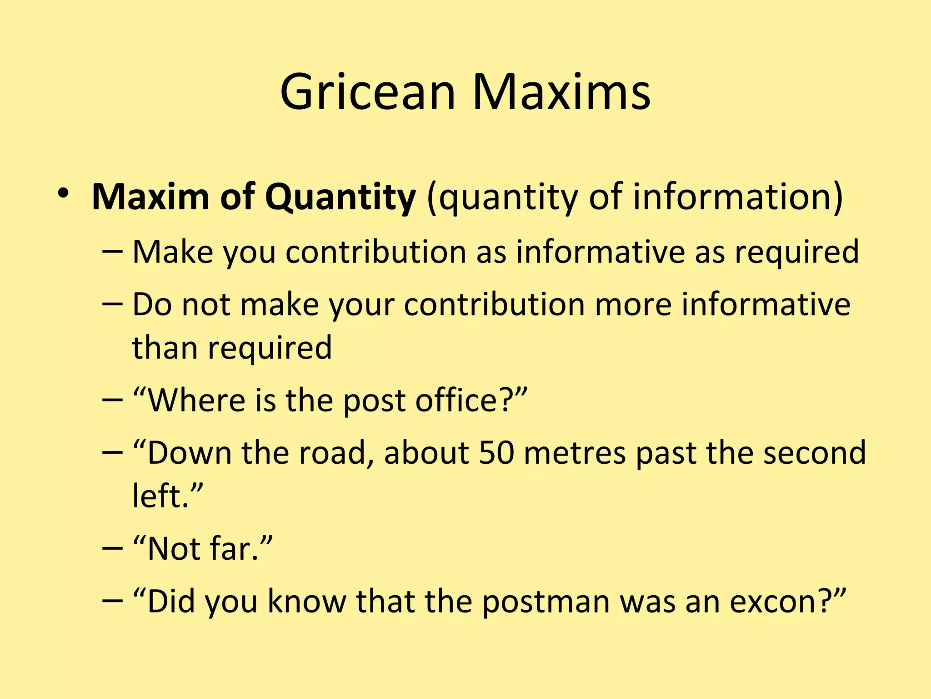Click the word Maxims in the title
tap(561, 92)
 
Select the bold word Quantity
tap(340, 198)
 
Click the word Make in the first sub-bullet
tap(173, 252)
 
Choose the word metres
tap(575, 453)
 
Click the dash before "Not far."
tap(113, 549)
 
